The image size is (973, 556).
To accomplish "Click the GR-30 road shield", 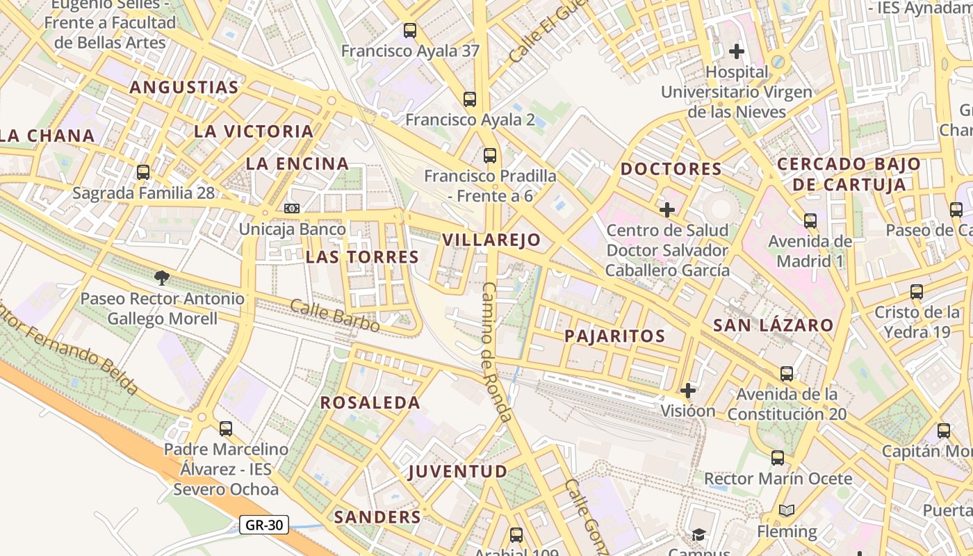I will tap(264, 525).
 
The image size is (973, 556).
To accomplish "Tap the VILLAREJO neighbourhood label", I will tap(491, 240).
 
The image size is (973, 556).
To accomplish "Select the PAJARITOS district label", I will tap(614, 336).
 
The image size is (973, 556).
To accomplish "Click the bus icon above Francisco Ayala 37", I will tap(410, 31).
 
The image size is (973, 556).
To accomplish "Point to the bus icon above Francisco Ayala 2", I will tap(470, 99).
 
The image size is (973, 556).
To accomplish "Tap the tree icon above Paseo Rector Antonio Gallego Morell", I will tap(162, 278).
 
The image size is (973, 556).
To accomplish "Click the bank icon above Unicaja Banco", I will tap(292, 208).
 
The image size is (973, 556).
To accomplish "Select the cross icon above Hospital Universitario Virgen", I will tap(737, 51).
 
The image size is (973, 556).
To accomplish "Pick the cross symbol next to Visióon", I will tap(688, 391).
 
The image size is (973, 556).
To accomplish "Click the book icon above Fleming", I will tap(787, 511).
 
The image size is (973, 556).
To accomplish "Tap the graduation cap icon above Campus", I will tap(698, 534).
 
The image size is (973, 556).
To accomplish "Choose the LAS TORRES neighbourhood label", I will tap(362, 257).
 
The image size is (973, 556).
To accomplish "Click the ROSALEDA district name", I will tap(370, 403).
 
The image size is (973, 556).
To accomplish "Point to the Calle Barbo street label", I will tap(334, 316).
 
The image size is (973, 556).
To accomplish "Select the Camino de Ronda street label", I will tap(498, 352).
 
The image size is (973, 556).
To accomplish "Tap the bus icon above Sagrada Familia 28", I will tap(143, 172).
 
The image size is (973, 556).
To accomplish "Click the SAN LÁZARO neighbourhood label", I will tap(773, 325).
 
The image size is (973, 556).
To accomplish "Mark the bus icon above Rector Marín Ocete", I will tap(777, 458).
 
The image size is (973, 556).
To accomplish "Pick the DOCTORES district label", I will tap(671, 169).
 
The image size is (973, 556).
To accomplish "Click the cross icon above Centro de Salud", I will tap(667, 209).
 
